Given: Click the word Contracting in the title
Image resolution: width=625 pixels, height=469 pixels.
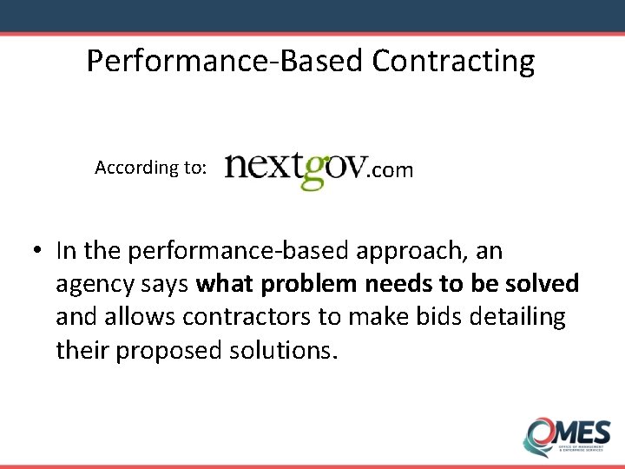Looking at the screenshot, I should coord(453,62).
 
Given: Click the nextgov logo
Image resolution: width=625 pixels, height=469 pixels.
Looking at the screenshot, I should coord(295,168).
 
